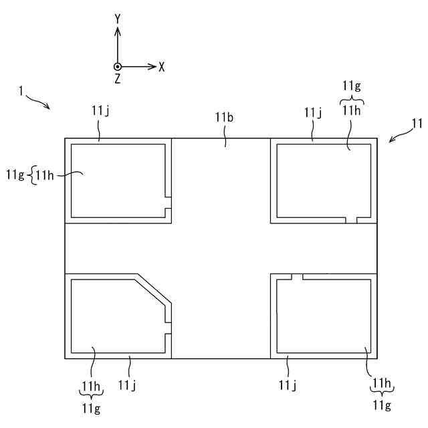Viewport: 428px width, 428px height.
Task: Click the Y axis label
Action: (117, 19)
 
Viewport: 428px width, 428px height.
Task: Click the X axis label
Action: (162, 67)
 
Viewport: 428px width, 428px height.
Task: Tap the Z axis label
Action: (117, 79)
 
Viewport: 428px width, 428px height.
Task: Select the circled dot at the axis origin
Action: (117, 67)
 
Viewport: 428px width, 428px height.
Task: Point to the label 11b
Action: (224, 118)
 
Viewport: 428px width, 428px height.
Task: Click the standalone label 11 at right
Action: (417, 123)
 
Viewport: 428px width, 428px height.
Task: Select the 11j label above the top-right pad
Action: (312, 112)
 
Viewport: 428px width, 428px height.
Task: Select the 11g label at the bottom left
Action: (91, 407)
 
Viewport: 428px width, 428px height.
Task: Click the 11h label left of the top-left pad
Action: (45, 175)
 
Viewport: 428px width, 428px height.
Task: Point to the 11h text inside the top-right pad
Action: (352, 111)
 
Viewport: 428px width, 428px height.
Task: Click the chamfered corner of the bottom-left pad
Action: (154, 288)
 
